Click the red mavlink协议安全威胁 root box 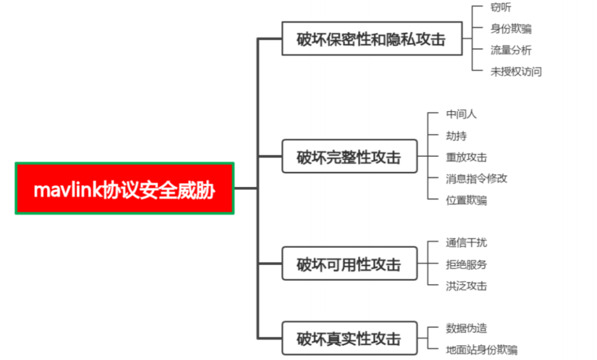[124, 188]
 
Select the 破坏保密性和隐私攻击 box [371, 39]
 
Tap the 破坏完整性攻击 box [349, 156]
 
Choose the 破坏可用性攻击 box [349, 264]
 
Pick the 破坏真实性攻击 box [349, 338]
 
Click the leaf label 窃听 [501, 7]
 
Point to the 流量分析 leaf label [511, 50]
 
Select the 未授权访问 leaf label [516, 71]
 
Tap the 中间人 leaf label [461, 114]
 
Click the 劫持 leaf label [456, 135]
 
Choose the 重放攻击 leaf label [466, 157]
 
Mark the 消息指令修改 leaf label [476, 178]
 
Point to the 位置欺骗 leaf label [466, 200]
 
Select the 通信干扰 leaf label [466, 242]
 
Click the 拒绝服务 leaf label [466, 264]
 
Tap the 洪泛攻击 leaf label [466, 285]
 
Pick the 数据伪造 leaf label [466, 328]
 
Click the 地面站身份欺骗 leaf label [481, 349]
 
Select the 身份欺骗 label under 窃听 [511, 29]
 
